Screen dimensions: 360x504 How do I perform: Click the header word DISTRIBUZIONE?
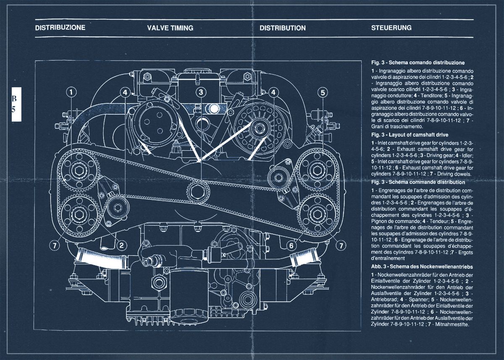[60, 28]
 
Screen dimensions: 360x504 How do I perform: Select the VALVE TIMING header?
[170, 28]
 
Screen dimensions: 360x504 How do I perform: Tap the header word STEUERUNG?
[391, 28]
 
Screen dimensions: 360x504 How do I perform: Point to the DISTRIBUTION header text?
[282, 28]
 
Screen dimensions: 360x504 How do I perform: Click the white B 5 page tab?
[16, 105]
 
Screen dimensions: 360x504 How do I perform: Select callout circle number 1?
[72, 92]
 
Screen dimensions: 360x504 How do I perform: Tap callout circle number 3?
[201, 92]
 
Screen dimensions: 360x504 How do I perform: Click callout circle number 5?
[322, 92]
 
